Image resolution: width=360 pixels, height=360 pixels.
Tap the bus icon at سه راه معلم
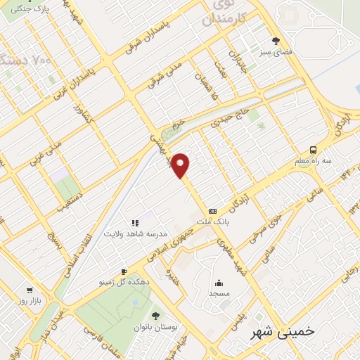pos(313,150)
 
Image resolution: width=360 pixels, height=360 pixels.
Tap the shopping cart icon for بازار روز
pos(30,289)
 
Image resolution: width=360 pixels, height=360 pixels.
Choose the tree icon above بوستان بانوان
pos(155,316)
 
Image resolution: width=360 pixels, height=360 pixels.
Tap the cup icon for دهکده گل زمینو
pos(124,271)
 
